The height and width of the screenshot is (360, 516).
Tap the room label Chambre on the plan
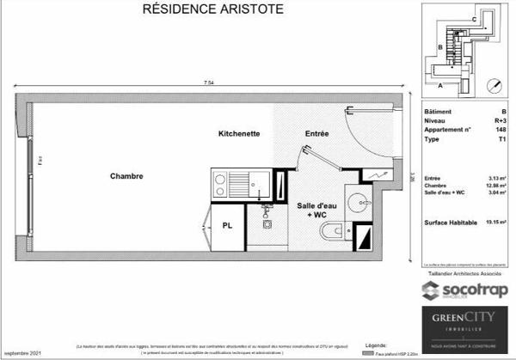coord(126,176)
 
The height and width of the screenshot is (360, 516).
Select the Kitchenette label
coord(239,134)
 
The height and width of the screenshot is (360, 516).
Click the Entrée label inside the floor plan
coord(317,134)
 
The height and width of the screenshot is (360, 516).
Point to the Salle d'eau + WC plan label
coord(316,211)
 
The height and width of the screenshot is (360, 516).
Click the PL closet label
coord(227,226)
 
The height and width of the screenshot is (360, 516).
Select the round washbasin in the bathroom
coord(357,203)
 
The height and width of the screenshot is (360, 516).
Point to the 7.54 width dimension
coord(209,82)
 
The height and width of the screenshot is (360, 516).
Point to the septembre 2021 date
coord(22,353)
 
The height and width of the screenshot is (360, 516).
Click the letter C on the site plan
coord(473,18)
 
